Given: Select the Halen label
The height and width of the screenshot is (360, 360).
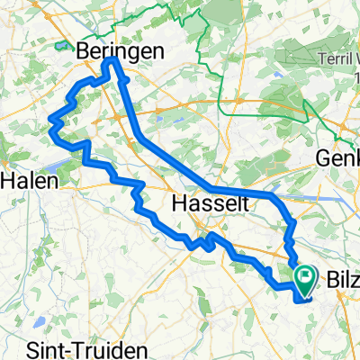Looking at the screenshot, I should (x=29, y=180).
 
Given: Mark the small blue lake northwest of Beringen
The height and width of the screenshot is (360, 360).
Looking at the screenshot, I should (x=61, y=44).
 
